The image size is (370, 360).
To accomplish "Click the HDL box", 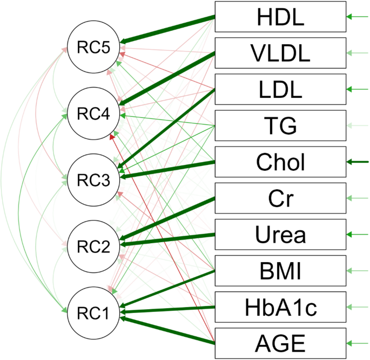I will (x=280, y=17).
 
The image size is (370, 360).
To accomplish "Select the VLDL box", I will (x=280, y=53).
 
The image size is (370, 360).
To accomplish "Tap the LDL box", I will (x=280, y=89).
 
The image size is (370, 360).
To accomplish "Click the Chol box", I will (x=280, y=162).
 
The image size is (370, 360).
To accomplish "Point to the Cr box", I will (x=280, y=198).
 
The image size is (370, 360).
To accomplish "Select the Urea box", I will (x=280, y=234).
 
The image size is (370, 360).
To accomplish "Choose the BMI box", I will (x=280, y=270).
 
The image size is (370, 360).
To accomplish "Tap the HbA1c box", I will (x=280, y=306).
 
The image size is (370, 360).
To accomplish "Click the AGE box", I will (x=280, y=343).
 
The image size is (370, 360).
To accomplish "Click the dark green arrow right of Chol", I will (x=358, y=162).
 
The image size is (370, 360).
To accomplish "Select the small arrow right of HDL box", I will (x=358, y=17).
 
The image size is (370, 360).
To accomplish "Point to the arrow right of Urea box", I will (x=358, y=234).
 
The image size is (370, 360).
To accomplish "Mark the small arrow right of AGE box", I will (x=358, y=343).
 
